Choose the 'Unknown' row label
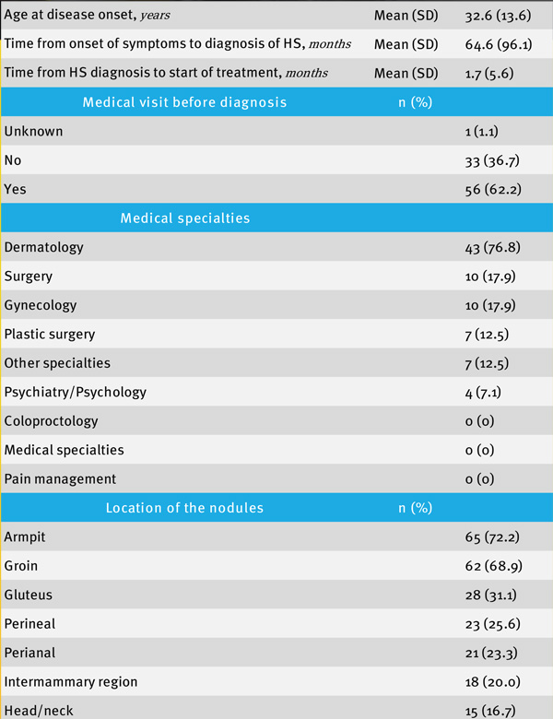[x=34, y=131]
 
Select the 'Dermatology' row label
[x=44, y=247]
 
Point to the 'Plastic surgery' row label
[x=50, y=334]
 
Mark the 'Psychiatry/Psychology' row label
[x=76, y=392]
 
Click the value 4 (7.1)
[x=487, y=392]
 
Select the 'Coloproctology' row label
[x=51, y=421]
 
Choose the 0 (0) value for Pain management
[x=480, y=479]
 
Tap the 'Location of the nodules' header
[x=184, y=508]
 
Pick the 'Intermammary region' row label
[x=71, y=682]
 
